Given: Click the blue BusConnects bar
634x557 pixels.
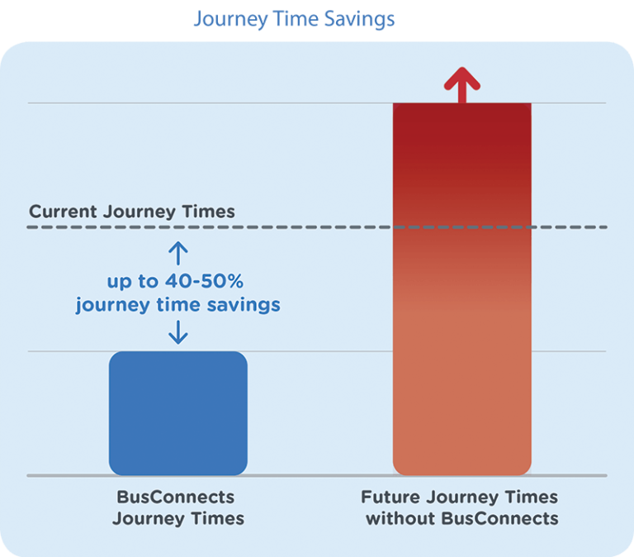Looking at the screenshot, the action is pyautogui.click(x=178, y=413).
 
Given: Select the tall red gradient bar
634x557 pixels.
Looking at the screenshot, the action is pyautogui.click(x=462, y=289).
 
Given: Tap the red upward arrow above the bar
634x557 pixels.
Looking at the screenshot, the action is pyautogui.click(x=462, y=85).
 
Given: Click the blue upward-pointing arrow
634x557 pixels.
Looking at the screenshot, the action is pyautogui.click(x=178, y=254).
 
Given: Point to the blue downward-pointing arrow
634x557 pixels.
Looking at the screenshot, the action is pyautogui.click(x=178, y=332).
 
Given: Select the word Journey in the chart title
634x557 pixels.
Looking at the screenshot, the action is pyautogui.click(x=230, y=20).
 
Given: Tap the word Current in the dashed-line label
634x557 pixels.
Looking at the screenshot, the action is pyautogui.click(x=63, y=212).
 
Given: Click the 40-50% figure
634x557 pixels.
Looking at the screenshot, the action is pyautogui.click(x=204, y=281).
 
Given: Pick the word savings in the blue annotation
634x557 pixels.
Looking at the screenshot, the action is pyautogui.click(x=244, y=305).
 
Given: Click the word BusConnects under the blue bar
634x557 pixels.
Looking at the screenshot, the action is pyautogui.click(x=176, y=497).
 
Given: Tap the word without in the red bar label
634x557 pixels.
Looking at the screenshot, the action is pyautogui.click(x=400, y=518).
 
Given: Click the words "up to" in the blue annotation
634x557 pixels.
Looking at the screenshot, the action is pyautogui.click(x=132, y=282).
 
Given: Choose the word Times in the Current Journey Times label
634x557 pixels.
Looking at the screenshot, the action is pyautogui.click(x=208, y=212).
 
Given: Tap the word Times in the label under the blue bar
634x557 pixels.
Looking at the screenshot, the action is pyautogui.click(x=218, y=518).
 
